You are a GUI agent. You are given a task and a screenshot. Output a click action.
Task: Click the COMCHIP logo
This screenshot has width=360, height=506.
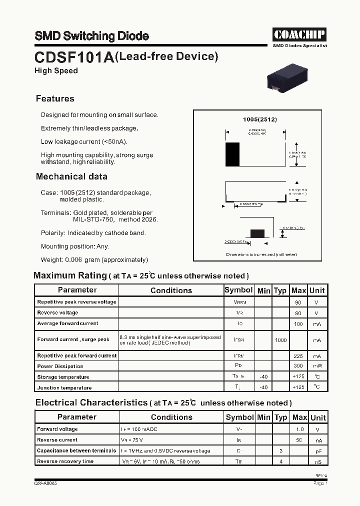[299, 34]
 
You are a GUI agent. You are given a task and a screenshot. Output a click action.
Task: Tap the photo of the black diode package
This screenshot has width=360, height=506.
[287, 77]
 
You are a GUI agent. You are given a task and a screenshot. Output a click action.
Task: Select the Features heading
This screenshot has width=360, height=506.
[55, 98]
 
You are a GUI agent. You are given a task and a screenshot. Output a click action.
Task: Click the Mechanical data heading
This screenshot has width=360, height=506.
[71, 176]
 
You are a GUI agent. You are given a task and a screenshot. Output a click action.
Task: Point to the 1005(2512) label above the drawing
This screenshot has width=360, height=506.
[259, 120]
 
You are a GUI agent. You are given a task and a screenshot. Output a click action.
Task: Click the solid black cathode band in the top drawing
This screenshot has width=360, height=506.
[232, 154]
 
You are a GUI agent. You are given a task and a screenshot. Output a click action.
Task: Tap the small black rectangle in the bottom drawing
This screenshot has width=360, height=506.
[257, 232]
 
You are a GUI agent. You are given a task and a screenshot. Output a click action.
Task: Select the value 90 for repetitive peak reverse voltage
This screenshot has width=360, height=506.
[298, 302]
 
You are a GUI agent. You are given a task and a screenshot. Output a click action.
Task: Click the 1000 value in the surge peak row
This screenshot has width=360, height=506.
[280, 340]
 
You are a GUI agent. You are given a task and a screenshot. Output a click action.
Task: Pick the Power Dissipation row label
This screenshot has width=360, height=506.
[61, 366]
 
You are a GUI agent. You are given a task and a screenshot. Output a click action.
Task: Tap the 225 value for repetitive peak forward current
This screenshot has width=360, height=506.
[298, 356]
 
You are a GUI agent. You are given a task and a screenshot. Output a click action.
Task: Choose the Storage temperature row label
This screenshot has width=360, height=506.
[63, 377]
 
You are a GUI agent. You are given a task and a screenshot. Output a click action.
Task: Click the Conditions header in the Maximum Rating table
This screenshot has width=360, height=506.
[171, 290]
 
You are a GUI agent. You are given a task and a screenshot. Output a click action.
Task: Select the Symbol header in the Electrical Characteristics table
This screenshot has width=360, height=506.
[239, 417]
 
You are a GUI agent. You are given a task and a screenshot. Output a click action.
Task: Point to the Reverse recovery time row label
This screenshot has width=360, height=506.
[65, 461]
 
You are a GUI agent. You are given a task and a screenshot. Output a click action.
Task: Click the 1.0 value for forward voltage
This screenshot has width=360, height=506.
[299, 429]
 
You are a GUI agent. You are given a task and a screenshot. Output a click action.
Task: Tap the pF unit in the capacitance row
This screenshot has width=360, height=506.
[318, 451]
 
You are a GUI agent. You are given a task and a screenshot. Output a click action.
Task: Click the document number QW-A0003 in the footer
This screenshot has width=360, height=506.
[45, 483]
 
